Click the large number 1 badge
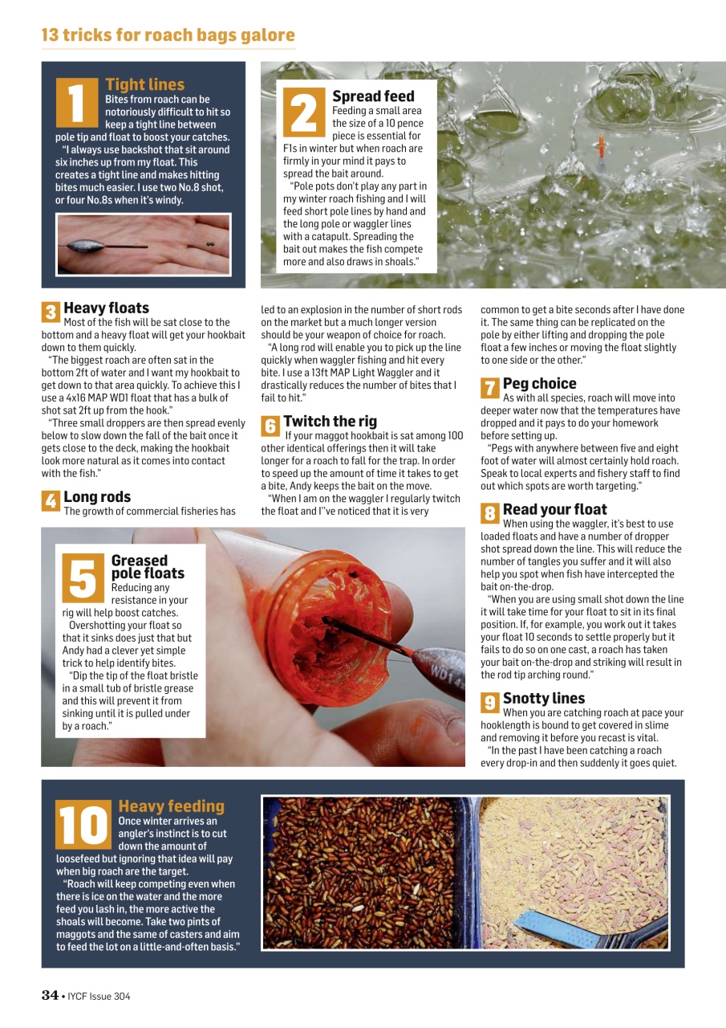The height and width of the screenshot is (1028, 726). pyautogui.click(x=78, y=102)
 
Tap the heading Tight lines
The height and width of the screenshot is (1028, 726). pyautogui.click(x=144, y=84)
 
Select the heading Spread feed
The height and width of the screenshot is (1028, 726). pyautogui.click(x=373, y=96)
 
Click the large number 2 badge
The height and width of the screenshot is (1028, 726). pyautogui.click(x=303, y=112)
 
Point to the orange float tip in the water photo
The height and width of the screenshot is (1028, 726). pyautogui.click(x=599, y=146)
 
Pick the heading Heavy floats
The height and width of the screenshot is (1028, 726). pyautogui.click(x=106, y=308)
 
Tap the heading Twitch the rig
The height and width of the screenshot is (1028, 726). pyautogui.click(x=330, y=422)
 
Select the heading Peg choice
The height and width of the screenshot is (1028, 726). pyautogui.click(x=539, y=384)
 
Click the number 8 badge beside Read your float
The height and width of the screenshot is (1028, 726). pyautogui.click(x=489, y=512)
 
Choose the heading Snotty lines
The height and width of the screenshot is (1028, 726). pyautogui.click(x=543, y=699)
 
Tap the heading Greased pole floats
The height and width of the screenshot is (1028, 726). pyautogui.click(x=147, y=567)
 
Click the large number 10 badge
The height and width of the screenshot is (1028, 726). pyautogui.click(x=83, y=825)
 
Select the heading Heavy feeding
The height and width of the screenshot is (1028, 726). pyautogui.click(x=171, y=806)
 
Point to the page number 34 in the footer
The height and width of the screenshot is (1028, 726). pyautogui.click(x=50, y=996)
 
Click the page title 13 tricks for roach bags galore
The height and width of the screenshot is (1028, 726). pyautogui.click(x=168, y=35)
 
